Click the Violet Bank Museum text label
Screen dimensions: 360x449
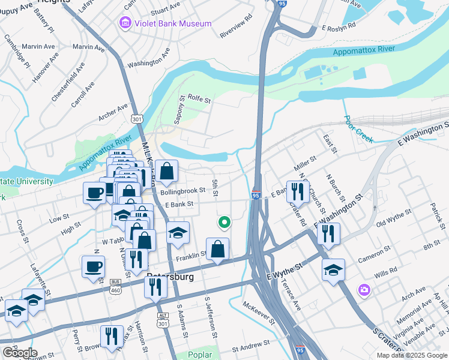click(173, 23)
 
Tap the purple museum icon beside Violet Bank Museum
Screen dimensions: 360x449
click(124, 23)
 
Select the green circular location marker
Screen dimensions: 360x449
click(224, 223)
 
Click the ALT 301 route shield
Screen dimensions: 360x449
click(162, 319)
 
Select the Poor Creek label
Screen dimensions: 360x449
click(358, 130)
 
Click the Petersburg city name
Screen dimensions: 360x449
click(170, 277)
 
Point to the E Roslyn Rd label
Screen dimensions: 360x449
click(339, 27)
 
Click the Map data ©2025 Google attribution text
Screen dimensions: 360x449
click(411, 355)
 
